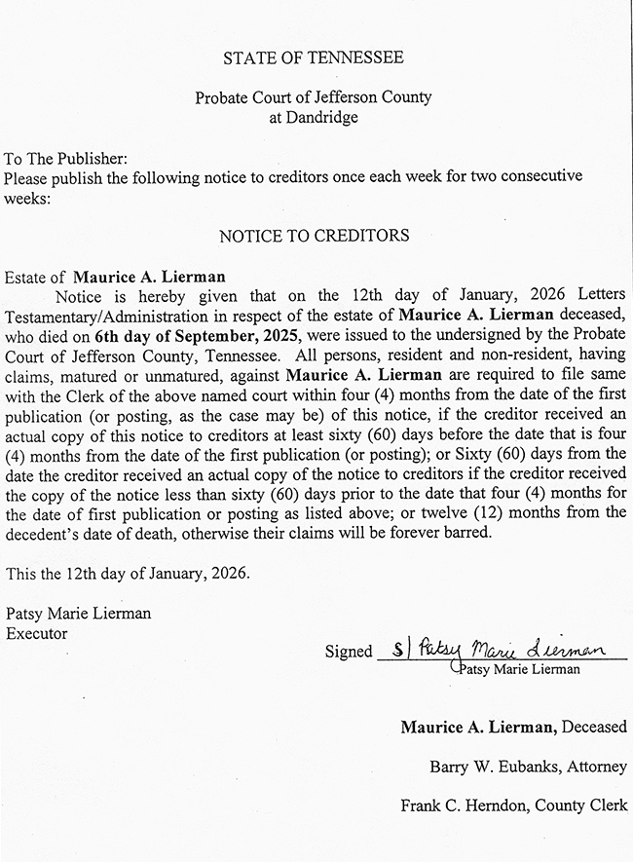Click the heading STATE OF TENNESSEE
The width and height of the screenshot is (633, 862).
click(313, 58)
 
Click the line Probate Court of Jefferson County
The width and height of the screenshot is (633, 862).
click(313, 98)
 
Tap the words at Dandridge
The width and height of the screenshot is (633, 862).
click(313, 117)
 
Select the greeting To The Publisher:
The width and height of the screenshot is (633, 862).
click(66, 158)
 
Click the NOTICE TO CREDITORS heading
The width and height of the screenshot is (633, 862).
click(314, 236)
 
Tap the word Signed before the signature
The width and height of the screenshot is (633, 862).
click(349, 652)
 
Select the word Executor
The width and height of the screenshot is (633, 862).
click(36, 633)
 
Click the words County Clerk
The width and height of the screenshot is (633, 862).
click(585, 806)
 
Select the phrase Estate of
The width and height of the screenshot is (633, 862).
click(35, 278)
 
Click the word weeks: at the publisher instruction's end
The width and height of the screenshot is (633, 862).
click(26, 196)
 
